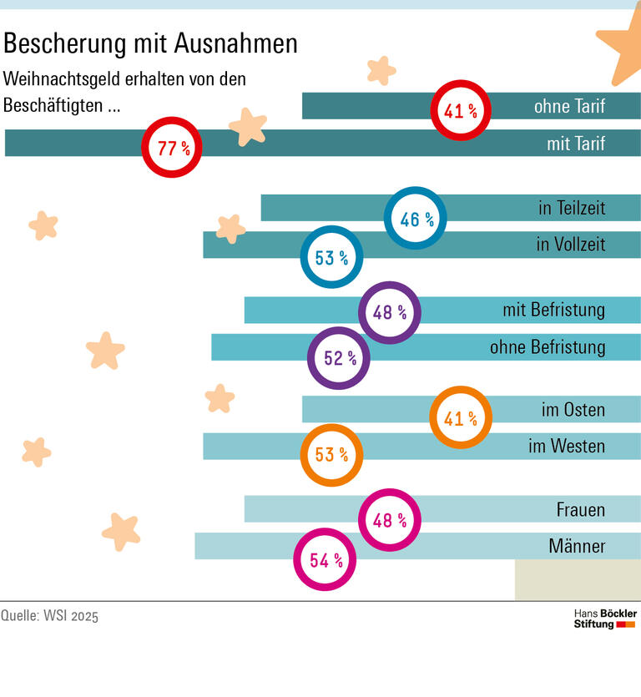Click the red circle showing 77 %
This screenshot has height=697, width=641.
pyautogui.click(x=172, y=148)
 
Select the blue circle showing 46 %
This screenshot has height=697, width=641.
pyautogui.click(x=415, y=219)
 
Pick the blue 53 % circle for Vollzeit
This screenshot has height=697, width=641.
pyautogui.click(x=331, y=257)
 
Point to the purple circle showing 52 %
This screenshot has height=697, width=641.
pyautogui.click(x=339, y=358)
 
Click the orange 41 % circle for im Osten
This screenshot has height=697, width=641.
pyautogui.click(x=461, y=417)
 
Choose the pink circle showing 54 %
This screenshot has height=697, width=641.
pyautogui.click(x=325, y=560)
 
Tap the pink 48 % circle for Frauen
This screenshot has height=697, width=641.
pyautogui.click(x=390, y=520)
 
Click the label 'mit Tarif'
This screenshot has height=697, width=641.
pyautogui.click(x=576, y=144)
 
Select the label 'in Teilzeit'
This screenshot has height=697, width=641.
pyautogui.click(x=572, y=208)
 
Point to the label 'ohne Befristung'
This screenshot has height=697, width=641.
pyautogui.click(x=548, y=346)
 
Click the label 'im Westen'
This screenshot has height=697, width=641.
pyautogui.click(x=567, y=447)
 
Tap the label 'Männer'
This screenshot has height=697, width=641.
pyautogui.click(x=577, y=547)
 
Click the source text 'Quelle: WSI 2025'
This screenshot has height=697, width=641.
pyautogui.click(x=49, y=617)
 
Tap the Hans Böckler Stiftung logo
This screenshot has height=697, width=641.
pyautogui.click(x=605, y=619)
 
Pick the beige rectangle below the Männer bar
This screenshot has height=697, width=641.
pyautogui.click(x=578, y=580)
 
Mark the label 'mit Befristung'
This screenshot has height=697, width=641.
pyautogui.click(x=553, y=311)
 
